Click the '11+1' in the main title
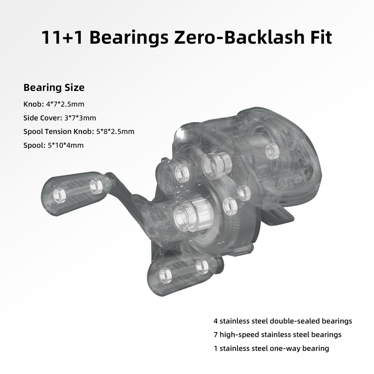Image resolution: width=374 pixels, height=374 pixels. [x=62, y=37]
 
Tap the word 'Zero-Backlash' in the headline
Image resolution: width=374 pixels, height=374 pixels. [x=239, y=37]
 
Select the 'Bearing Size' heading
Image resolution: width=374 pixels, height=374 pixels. [x=54, y=88]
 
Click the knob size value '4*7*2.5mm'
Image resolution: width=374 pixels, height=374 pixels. [x=65, y=104]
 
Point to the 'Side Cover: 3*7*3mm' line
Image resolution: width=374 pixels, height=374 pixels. [x=59, y=118]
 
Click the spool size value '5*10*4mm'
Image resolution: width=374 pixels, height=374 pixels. [x=65, y=145]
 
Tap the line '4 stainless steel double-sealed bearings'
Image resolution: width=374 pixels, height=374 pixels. [x=283, y=321]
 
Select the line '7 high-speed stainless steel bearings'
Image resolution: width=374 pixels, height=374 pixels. [x=278, y=335]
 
